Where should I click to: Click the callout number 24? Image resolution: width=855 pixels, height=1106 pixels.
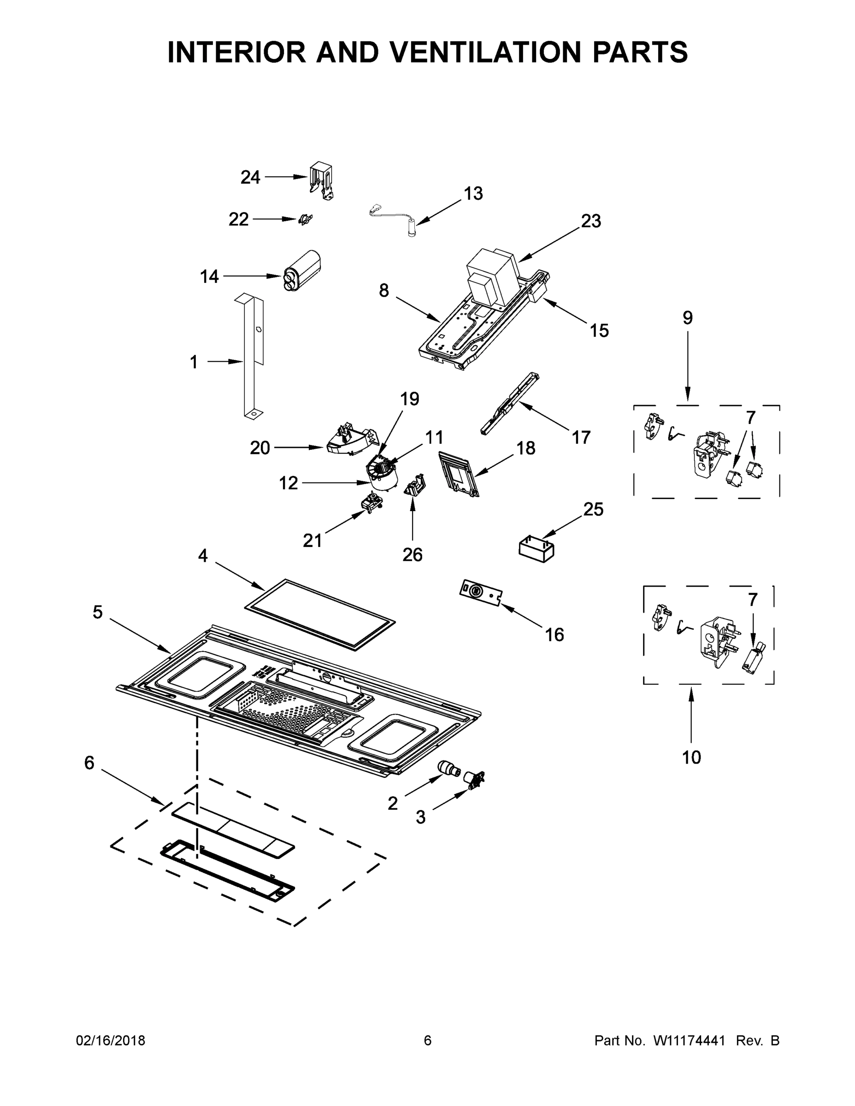click(x=250, y=177)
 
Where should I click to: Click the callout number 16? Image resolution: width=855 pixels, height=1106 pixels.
click(x=554, y=635)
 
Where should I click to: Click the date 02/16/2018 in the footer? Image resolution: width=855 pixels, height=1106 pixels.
click(x=111, y=1041)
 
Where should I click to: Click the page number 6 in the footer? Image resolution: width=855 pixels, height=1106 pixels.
click(x=428, y=1041)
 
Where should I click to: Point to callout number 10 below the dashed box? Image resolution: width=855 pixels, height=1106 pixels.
click(x=691, y=758)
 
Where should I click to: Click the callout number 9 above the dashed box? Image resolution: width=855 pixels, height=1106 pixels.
click(x=687, y=318)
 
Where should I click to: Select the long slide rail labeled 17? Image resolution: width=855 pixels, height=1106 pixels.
click(x=509, y=403)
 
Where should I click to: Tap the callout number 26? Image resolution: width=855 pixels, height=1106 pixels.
click(x=413, y=555)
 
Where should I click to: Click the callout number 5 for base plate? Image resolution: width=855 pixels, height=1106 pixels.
click(x=98, y=612)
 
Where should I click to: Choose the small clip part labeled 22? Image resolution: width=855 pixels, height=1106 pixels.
click(x=306, y=219)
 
